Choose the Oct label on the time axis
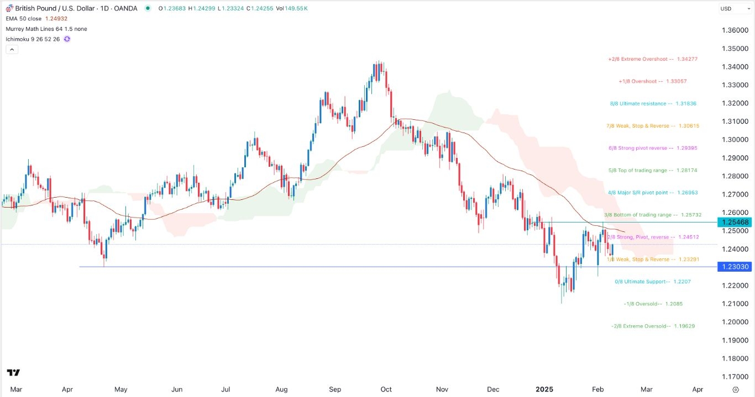[x=386, y=389]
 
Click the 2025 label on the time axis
[x=544, y=389]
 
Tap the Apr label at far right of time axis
[x=698, y=389]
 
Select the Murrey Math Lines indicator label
[x=46, y=29]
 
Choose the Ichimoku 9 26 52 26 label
[x=33, y=39]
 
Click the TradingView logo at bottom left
[x=14, y=373]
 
